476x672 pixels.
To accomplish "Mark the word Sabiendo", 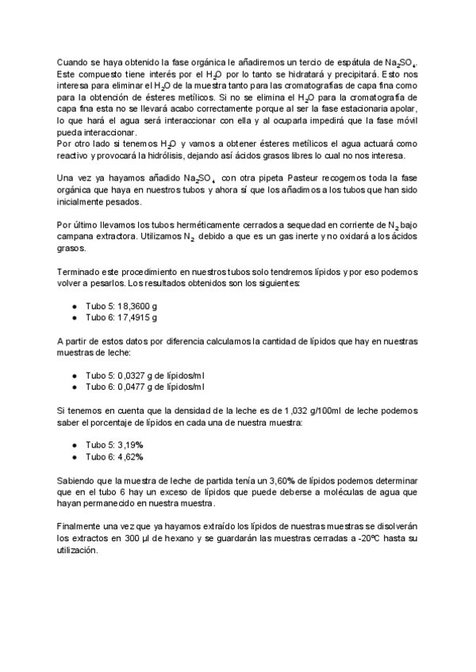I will click(79, 480).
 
